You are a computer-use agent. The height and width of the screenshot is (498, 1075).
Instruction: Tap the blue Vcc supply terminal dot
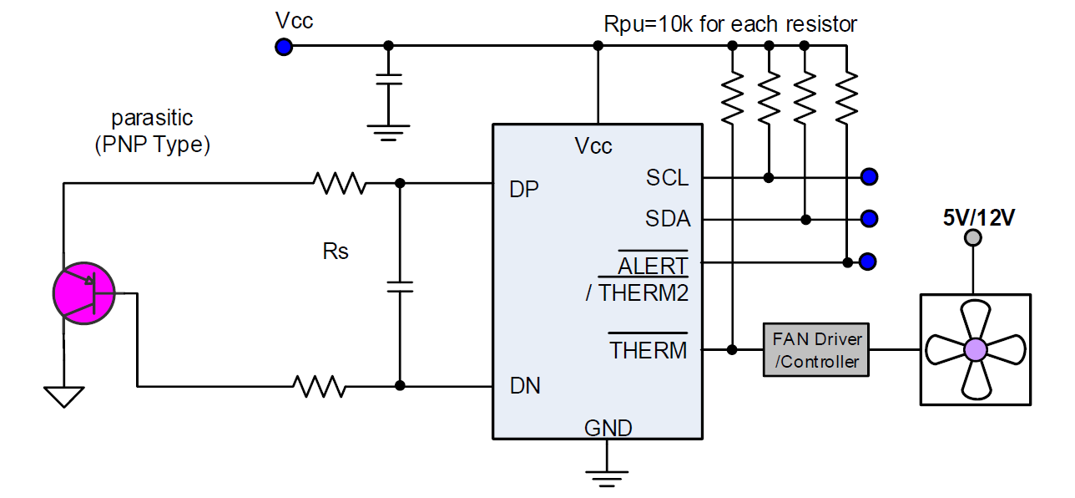click(284, 47)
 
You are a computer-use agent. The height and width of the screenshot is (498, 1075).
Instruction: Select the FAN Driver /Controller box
click(817, 350)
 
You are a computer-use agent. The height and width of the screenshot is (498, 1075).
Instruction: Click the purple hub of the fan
click(975, 349)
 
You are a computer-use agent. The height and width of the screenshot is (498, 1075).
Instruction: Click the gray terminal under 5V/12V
click(973, 238)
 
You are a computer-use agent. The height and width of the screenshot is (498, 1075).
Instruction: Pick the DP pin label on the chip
click(524, 190)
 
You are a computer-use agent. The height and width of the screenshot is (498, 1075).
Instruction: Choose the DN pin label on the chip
click(525, 385)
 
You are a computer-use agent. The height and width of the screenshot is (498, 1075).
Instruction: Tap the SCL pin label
click(667, 177)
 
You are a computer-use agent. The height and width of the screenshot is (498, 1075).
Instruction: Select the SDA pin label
click(668, 219)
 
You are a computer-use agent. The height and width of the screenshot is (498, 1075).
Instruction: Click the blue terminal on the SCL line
click(869, 177)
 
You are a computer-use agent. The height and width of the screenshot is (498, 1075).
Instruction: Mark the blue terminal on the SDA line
click(869, 219)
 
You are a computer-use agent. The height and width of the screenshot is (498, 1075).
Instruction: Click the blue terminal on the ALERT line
click(868, 262)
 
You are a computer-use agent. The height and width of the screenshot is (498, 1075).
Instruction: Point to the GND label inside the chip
click(608, 429)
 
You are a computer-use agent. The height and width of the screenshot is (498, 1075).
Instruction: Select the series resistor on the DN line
click(319, 386)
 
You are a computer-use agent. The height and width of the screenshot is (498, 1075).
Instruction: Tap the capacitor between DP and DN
click(400, 287)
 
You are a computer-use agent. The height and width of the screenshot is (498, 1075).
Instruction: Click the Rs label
click(336, 252)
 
